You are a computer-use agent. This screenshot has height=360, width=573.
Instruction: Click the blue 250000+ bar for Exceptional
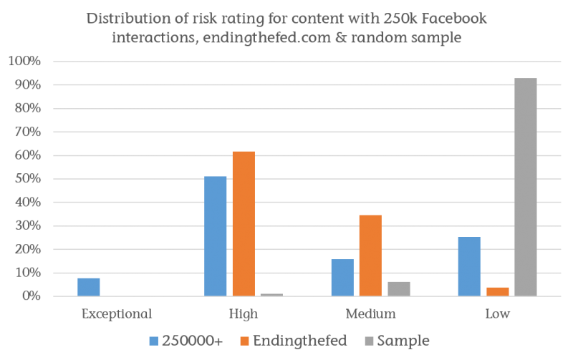89,286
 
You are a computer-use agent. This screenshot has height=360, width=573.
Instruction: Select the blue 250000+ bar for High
216,236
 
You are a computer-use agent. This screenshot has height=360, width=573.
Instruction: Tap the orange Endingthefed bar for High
243,223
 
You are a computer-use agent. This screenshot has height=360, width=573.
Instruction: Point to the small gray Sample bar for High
271,294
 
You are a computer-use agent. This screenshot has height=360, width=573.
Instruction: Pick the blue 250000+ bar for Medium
342,277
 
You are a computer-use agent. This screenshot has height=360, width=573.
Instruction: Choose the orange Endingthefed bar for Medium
370,255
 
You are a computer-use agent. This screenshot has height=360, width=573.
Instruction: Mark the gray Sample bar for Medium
398,288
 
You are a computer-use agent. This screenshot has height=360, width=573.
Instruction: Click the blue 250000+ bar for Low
469,266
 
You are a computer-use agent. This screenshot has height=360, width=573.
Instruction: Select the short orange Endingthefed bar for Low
497,291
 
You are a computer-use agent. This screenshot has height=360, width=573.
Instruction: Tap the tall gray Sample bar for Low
525,187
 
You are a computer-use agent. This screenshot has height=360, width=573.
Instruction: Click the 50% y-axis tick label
27,179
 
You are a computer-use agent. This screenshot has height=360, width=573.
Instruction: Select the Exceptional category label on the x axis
117,313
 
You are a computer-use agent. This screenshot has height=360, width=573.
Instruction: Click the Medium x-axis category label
370,313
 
